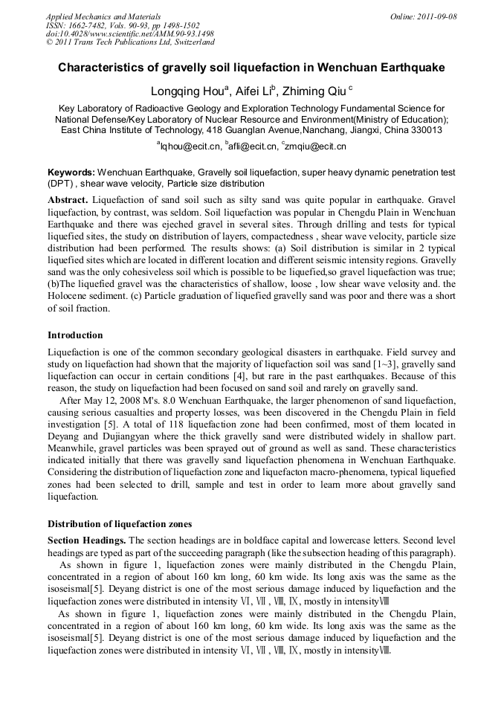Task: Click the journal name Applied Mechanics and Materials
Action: pyautogui.click(x=103, y=16)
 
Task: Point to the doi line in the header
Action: pyautogui.click(x=129, y=33)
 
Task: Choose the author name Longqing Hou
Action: pyautogui.click(x=188, y=92)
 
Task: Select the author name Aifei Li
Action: pyautogui.click(x=254, y=92)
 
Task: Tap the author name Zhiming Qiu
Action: pyautogui.click(x=309, y=92)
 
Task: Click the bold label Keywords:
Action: pyautogui.click(x=71, y=172)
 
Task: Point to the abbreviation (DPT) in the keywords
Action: pyautogui.click(x=61, y=183)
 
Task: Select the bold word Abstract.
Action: pyautogui.click(x=68, y=201)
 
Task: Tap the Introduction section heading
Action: pyautogui.click(x=75, y=335)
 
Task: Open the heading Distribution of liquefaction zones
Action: pyautogui.click(x=119, y=523)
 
